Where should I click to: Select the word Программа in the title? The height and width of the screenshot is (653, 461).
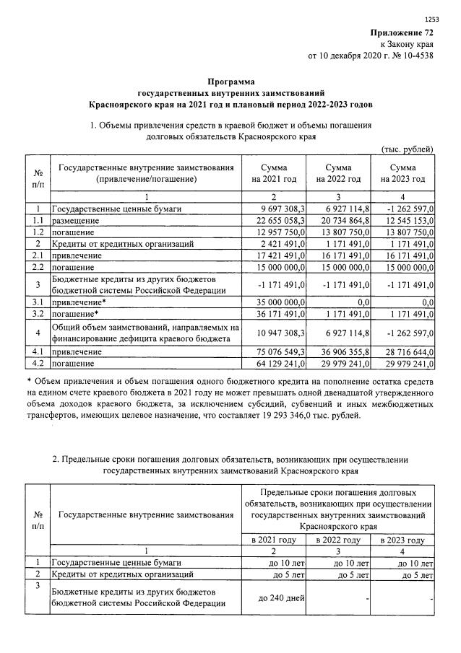pyautogui.click(x=231, y=82)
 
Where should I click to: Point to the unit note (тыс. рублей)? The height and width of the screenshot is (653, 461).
pyautogui.click(x=407, y=149)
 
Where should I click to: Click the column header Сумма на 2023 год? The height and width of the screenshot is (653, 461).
pyautogui.click(x=402, y=173)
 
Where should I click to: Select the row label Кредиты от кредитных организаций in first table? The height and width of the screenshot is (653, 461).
pyautogui.click(x=122, y=244)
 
